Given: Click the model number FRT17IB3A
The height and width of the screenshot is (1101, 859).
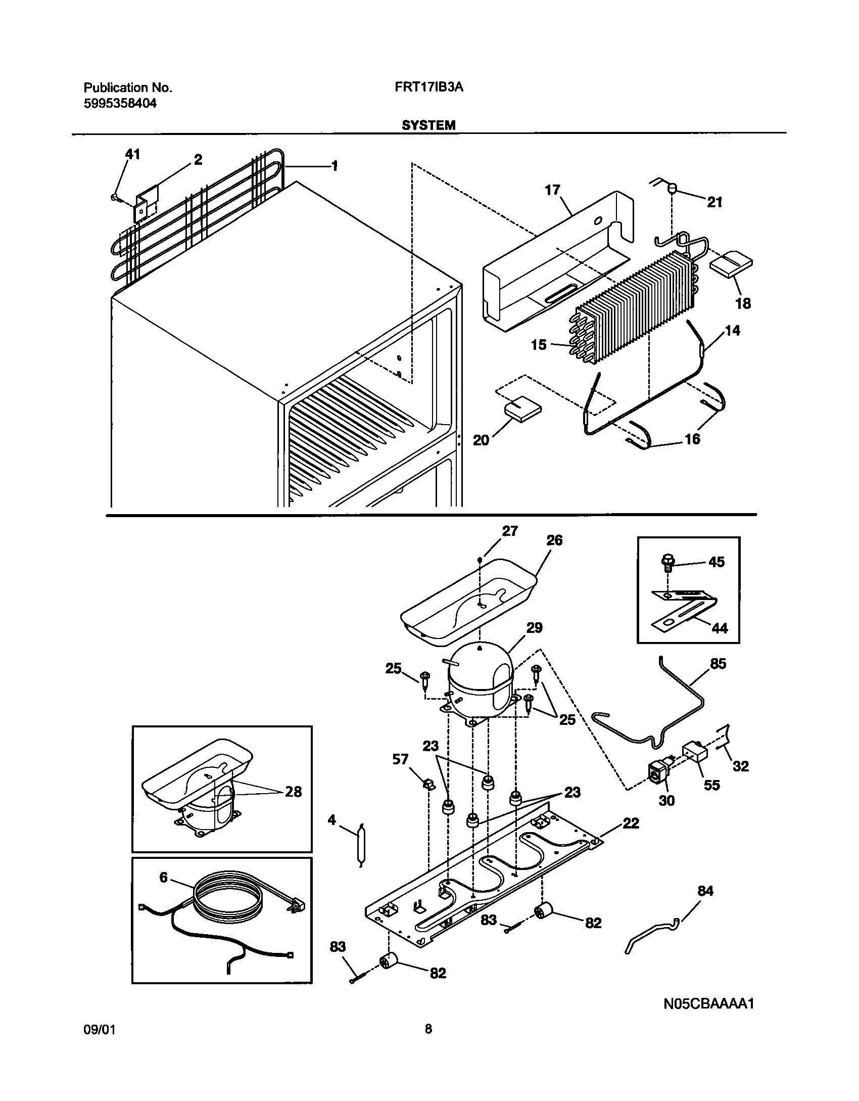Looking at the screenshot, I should (429, 87).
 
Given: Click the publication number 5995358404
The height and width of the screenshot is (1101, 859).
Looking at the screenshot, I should (120, 104).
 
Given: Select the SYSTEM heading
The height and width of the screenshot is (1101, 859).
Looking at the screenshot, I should (428, 125).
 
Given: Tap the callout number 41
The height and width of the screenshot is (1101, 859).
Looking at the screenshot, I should (132, 154).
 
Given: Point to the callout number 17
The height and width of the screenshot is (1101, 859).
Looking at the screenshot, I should (552, 190).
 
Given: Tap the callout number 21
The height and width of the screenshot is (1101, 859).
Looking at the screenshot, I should (714, 202).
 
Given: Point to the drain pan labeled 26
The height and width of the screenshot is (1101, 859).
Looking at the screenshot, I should (470, 597).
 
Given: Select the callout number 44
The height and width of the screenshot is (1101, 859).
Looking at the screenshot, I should (720, 628).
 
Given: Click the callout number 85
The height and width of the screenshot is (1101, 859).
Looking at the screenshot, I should (718, 663).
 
